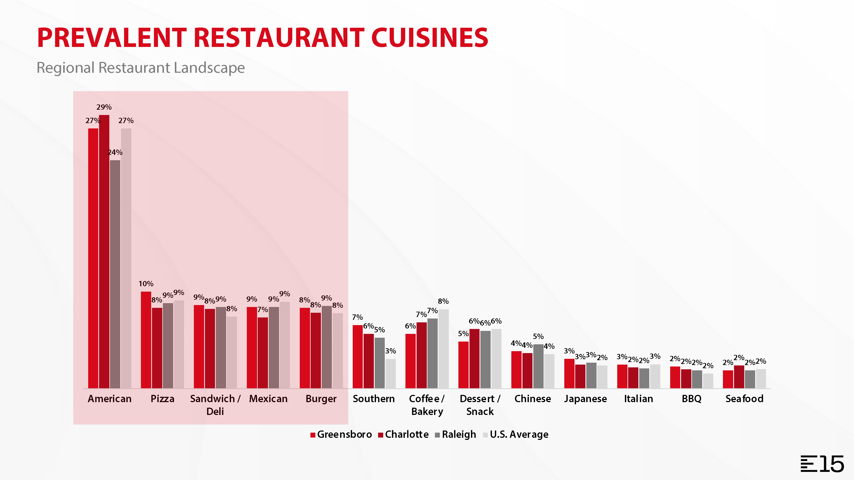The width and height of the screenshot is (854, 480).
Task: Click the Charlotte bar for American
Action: point(104,252)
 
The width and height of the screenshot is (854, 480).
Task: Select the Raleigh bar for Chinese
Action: point(538,366)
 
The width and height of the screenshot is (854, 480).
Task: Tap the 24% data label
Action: point(115,152)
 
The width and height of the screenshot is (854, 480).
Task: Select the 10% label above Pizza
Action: point(146,284)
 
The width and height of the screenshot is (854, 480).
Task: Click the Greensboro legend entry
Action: point(341,434)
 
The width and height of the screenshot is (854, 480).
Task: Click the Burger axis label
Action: point(321,399)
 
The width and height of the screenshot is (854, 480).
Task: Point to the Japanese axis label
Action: point(585,399)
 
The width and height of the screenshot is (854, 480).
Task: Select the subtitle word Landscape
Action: point(209,68)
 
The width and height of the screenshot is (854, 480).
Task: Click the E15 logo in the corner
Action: point(822,464)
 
